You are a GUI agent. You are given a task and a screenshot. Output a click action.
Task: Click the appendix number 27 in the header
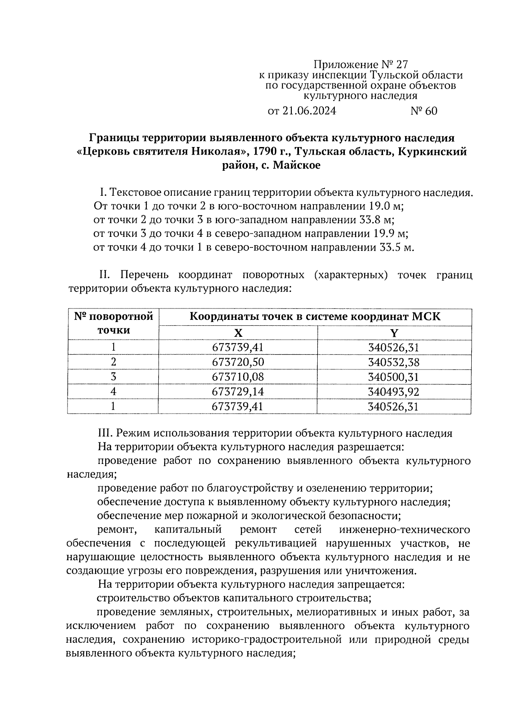pyautogui.click(x=401, y=65)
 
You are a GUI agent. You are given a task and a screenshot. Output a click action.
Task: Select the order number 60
pyautogui.click(x=430, y=111)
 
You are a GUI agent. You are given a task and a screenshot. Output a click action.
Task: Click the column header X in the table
pyautogui.click(x=238, y=333)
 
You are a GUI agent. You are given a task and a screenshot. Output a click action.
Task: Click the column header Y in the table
pyautogui.click(x=394, y=333)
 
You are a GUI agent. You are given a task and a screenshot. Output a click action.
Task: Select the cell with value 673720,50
pyautogui.click(x=238, y=362)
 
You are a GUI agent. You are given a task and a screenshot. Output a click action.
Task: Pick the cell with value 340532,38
pyautogui.click(x=394, y=362)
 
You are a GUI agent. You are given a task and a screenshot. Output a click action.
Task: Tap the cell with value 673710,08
pyautogui.click(x=238, y=377)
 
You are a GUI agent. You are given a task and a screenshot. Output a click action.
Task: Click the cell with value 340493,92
pyautogui.click(x=394, y=391)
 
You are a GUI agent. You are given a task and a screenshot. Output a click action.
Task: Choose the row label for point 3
pyautogui.click(x=113, y=377)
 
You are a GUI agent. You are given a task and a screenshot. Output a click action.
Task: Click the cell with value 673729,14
pyautogui.click(x=238, y=391)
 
